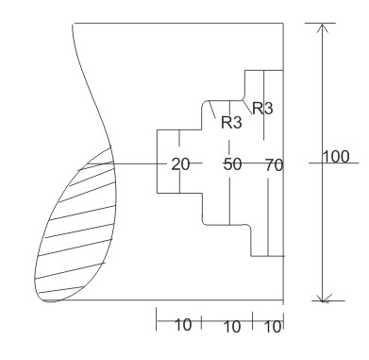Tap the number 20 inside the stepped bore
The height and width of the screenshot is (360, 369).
pos(179,163)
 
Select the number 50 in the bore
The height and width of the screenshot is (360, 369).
pos(232,163)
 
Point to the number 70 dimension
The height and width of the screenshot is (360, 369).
pos(274,163)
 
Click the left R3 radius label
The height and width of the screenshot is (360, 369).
pos(231,122)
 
